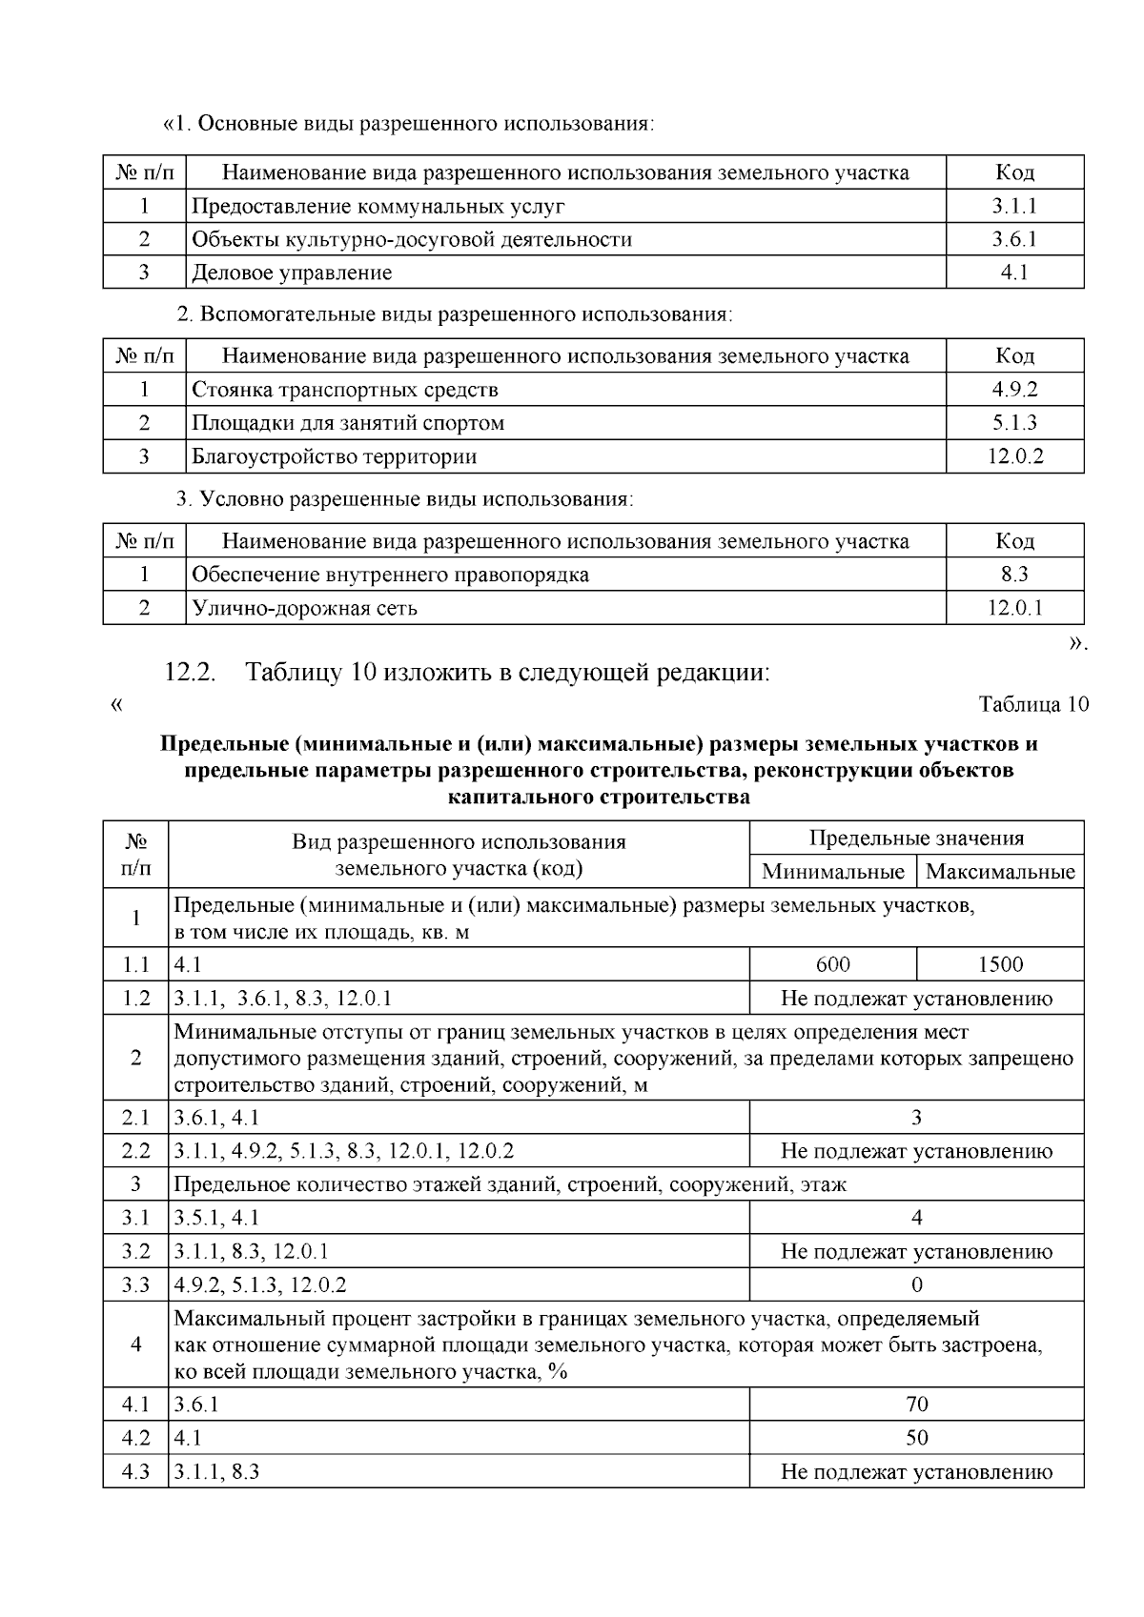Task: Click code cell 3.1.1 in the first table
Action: tap(1014, 206)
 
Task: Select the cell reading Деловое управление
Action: tap(292, 273)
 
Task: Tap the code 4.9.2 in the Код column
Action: tap(1014, 390)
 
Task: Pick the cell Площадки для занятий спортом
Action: tap(348, 423)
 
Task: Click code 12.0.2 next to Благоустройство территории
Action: tap(1014, 456)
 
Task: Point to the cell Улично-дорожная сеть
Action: tap(304, 608)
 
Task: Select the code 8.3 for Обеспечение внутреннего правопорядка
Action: tap(1014, 575)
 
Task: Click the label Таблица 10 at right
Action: tap(1033, 705)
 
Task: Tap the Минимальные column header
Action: tap(832, 872)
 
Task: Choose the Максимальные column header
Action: tap(1000, 872)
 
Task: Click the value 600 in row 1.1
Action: tap(832, 964)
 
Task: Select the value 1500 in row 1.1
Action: tap(1000, 964)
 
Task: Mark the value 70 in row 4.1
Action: tap(916, 1405)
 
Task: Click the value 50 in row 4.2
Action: tap(916, 1438)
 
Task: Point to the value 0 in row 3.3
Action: tap(916, 1285)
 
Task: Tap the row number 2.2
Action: tap(135, 1151)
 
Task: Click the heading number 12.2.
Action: tap(191, 673)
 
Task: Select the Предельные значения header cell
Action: tap(916, 839)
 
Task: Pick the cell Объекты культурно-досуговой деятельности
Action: tap(412, 239)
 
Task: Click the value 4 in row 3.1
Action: tap(916, 1218)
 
